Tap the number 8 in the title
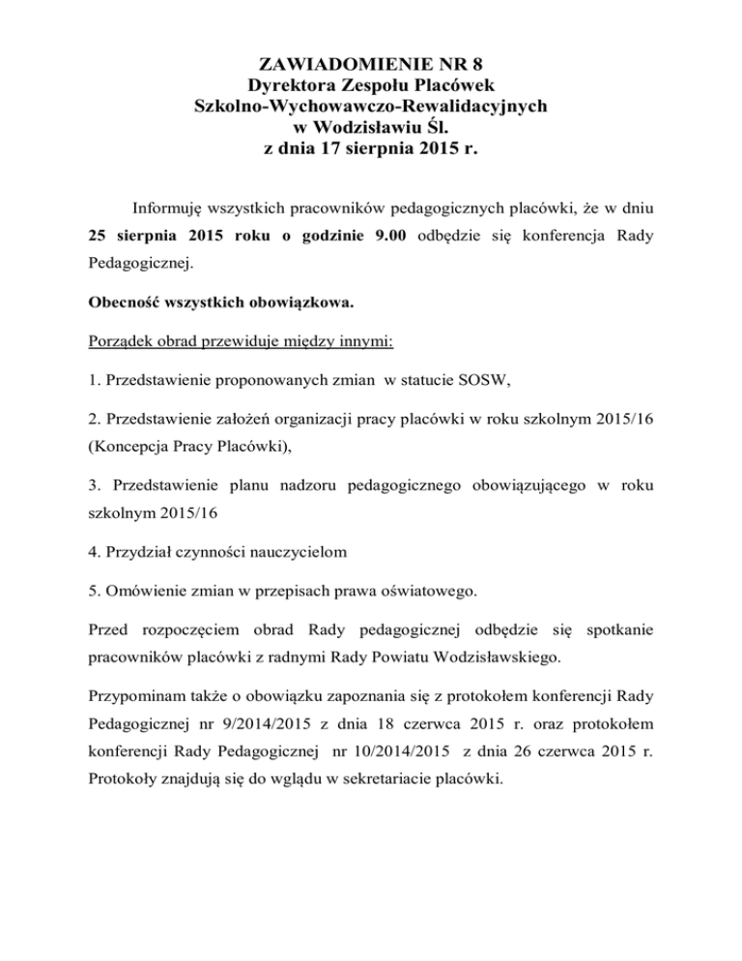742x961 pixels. [x=475, y=66]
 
